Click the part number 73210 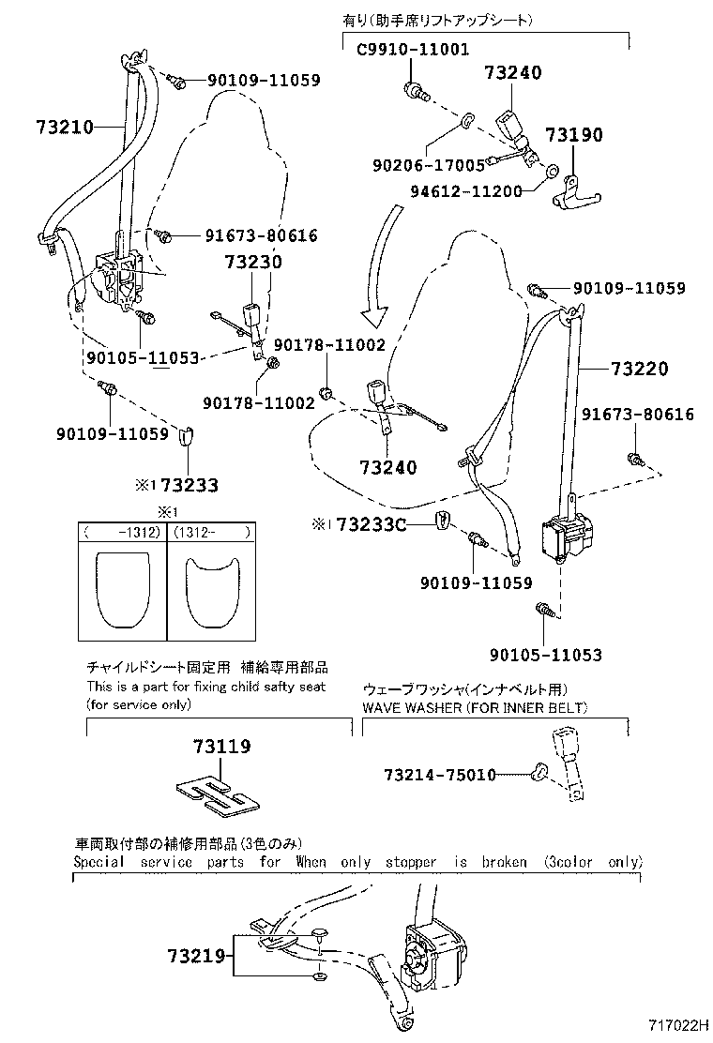click(66, 127)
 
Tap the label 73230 click(252, 263)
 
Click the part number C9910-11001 click(413, 50)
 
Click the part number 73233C click(372, 523)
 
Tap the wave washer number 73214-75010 click(439, 775)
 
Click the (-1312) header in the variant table click(122, 532)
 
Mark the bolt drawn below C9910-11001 click(414, 91)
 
